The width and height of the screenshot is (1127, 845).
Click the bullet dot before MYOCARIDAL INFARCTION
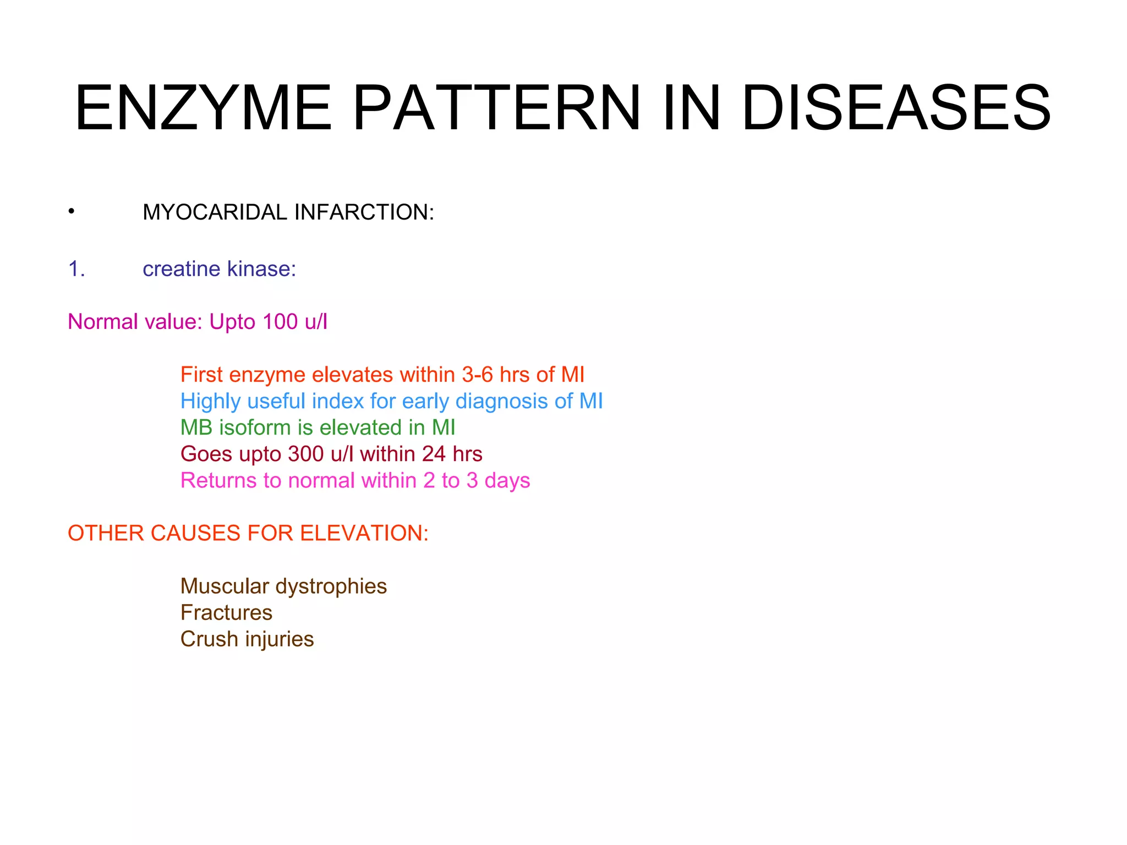pyautogui.click(x=72, y=211)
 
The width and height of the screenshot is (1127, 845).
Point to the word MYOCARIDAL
pyautogui.click(x=215, y=212)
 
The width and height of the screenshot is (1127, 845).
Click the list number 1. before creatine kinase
pyautogui.click(x=76, y=269)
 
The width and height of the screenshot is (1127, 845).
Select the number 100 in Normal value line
pyautogui.click(x=280, y=322)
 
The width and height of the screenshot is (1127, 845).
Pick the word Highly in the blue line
pyautogui.click(x=210, y=402)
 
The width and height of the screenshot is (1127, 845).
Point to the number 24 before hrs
pyautogui.click(x=434, y=454)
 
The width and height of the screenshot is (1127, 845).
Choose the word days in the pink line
pyautogui.click(x=507, y=481)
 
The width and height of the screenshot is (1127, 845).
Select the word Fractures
pyautogui.click(x=226, y=612)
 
